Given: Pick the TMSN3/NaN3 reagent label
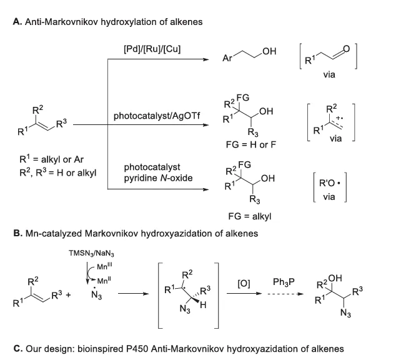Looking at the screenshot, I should point(91,253).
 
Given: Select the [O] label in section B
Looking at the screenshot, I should point(245,283).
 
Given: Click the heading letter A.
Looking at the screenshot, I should point(16,21).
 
